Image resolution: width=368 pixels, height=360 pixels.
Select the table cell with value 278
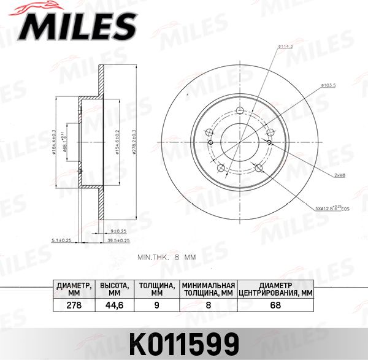click(x=74, y=304)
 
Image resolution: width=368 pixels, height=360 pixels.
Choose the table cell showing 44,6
click(x=113, y=304)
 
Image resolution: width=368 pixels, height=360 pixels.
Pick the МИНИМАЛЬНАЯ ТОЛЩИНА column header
click(x=209, y=289)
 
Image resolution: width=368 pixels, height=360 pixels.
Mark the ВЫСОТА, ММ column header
click(x=113, y=289)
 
